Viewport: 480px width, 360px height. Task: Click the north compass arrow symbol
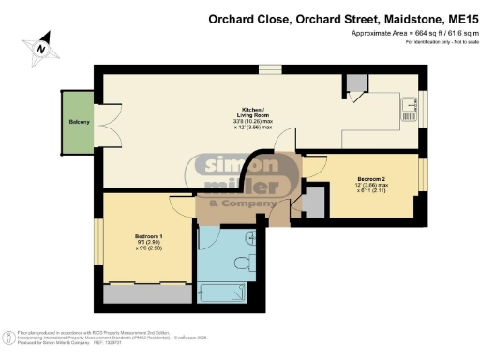40,44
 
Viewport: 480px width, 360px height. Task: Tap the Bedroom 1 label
149,238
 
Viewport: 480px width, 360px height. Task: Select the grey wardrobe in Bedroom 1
149,293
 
